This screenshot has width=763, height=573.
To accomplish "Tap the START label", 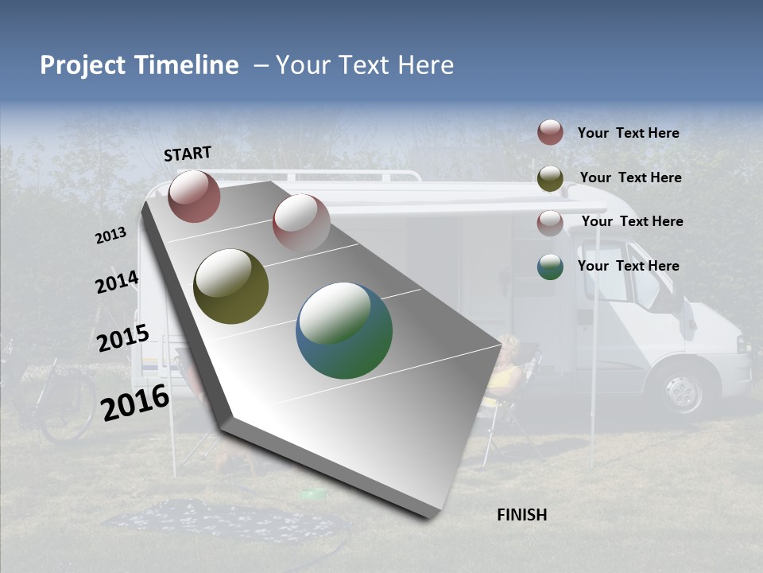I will click(x=188, y=154).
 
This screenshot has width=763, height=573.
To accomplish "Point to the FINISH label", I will click(x=521, y=515).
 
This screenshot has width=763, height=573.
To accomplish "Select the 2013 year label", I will click(x=110, y=236).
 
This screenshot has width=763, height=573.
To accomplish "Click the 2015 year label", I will click(x=122, y=338).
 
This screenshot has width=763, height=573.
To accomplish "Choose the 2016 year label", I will click(x=135, y=402).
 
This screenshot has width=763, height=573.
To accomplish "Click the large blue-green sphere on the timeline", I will click(x=344, y=330).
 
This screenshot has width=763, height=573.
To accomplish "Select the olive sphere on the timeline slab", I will click(x=230, y=286).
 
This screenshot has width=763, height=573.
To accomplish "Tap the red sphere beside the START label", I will click(x=194, y=196).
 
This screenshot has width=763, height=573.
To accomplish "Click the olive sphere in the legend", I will click(x=550, y=178).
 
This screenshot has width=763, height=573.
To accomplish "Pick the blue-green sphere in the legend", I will click(x=550, y=267).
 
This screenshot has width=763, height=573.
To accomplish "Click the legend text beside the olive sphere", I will click(x=630, y=177).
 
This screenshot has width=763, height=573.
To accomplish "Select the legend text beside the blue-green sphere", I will click(x=628, y=266).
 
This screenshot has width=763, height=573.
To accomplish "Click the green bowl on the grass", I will click(x=314, y=494).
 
